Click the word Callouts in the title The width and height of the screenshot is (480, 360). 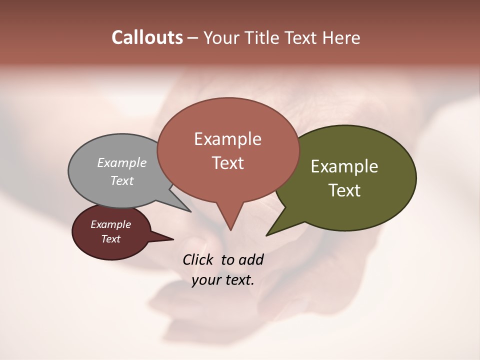(147, 37)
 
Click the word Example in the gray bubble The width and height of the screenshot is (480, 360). (122, 162)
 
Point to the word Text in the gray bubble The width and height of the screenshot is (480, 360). (122, 180)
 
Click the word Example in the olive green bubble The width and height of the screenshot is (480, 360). (344, 166)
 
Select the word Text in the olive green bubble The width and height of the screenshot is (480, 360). (344, 190)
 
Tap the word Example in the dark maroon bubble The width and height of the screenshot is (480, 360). (110, 224)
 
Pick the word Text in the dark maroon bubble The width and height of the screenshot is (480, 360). (110, 239)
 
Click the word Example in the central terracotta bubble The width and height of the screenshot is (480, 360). (227, 138)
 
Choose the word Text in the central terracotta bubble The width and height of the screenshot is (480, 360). (227, 162)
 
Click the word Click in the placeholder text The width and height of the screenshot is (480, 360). (197, 259)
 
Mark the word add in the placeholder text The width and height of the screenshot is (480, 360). (251, 259)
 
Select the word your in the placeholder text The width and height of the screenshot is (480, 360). (206, 280)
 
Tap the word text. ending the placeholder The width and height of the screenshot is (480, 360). (238, 280)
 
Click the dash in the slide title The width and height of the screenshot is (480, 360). (193, 38)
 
